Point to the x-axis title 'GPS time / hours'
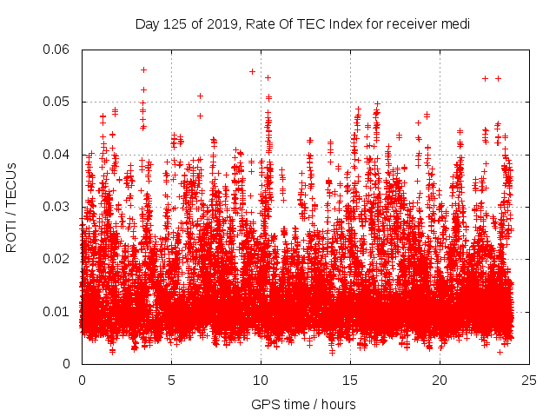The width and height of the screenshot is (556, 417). tap(303, 404)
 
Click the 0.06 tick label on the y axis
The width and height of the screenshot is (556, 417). tap(57, 50)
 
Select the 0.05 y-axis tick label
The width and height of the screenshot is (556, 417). tap(57, 102)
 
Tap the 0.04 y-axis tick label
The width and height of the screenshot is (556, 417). tap(57, 155)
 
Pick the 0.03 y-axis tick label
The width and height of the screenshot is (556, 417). tap(57, 207)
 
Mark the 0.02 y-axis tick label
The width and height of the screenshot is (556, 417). tap(57, 259)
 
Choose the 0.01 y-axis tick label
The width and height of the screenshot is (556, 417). tap(57, 311)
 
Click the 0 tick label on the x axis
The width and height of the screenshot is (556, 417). tap(82, 380)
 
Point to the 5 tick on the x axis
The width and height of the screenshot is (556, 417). tap(171, 380)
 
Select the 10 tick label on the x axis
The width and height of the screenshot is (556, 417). tap(261, 380)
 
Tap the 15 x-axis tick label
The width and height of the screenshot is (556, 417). tap(350, 380)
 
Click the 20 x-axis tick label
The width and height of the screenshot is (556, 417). tap(440, 380)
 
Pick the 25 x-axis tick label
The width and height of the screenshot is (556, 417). tap(529, 380)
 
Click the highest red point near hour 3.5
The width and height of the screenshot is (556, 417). tap(143, 69)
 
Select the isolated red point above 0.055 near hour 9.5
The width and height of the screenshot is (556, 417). tap(252, 71)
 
